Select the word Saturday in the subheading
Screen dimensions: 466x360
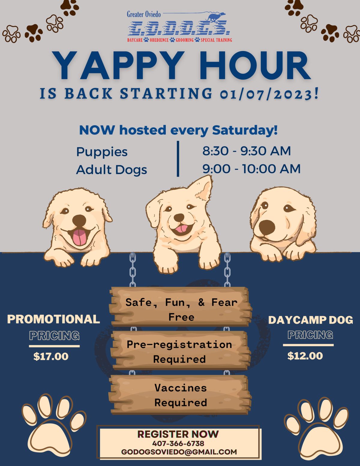(244, 130)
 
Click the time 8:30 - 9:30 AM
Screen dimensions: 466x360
(247, 151)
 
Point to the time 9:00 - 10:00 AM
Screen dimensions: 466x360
(251, 169)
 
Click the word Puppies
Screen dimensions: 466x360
(102, 152)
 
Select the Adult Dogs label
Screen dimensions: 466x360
(112, 170)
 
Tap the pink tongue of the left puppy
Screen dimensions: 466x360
(79, 237)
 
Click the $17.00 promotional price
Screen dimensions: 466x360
(51, 356)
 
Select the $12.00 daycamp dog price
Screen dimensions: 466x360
(305, 356)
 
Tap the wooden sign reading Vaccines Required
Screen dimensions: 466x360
(180, 395)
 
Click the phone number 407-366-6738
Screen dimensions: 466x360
(178, 443)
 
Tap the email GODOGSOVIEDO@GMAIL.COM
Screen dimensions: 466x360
(179, 452)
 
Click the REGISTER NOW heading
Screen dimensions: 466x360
(178, 434)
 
